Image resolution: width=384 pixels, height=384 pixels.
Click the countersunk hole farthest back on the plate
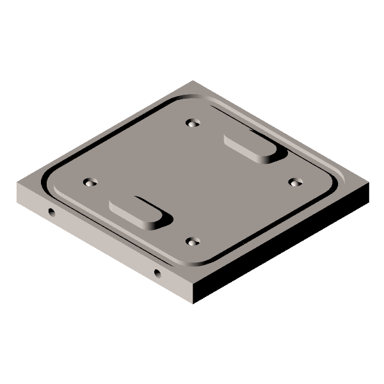(193, 122)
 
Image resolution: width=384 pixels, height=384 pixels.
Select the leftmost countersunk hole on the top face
(90, 182)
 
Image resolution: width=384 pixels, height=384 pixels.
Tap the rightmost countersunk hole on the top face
(294, 182)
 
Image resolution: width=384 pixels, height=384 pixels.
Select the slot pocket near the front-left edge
(138, 211)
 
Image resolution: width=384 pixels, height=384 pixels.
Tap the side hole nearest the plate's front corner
(157, 274)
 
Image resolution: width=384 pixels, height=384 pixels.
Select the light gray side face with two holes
(102, 243)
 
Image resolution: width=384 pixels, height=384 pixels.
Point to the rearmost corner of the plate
(193, 81)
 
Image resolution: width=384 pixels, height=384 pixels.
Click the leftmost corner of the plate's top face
(17, 184)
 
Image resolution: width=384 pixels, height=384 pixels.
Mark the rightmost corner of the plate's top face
(369, 184)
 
